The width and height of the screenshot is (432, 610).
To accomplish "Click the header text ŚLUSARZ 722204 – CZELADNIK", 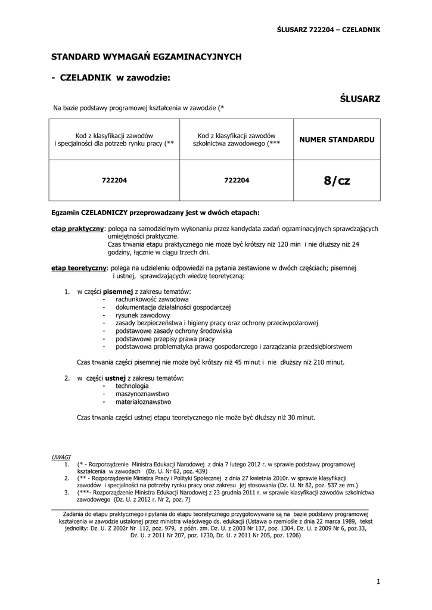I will point(329,29).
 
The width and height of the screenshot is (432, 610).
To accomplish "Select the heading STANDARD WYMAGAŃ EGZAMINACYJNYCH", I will point(146,57).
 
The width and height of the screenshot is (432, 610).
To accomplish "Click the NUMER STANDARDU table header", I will point(337,139).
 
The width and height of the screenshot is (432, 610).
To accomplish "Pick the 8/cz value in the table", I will point(337,180).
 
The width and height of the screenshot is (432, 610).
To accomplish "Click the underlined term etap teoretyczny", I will point(79,269).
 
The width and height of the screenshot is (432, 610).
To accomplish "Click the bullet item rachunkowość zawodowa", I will point(152,298).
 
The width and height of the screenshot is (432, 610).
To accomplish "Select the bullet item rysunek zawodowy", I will point(143,315).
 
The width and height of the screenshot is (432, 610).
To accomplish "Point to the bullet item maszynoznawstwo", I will point(142,394).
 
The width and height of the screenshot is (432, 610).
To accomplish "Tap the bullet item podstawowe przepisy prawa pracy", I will point(165,338).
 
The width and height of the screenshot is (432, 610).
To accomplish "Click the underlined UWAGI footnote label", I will point(61,456).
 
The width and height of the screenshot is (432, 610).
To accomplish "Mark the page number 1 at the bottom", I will point(378,581).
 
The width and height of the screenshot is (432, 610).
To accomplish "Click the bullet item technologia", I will point(132,386).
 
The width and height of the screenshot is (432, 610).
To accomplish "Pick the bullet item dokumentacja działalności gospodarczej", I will point(173,307).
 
